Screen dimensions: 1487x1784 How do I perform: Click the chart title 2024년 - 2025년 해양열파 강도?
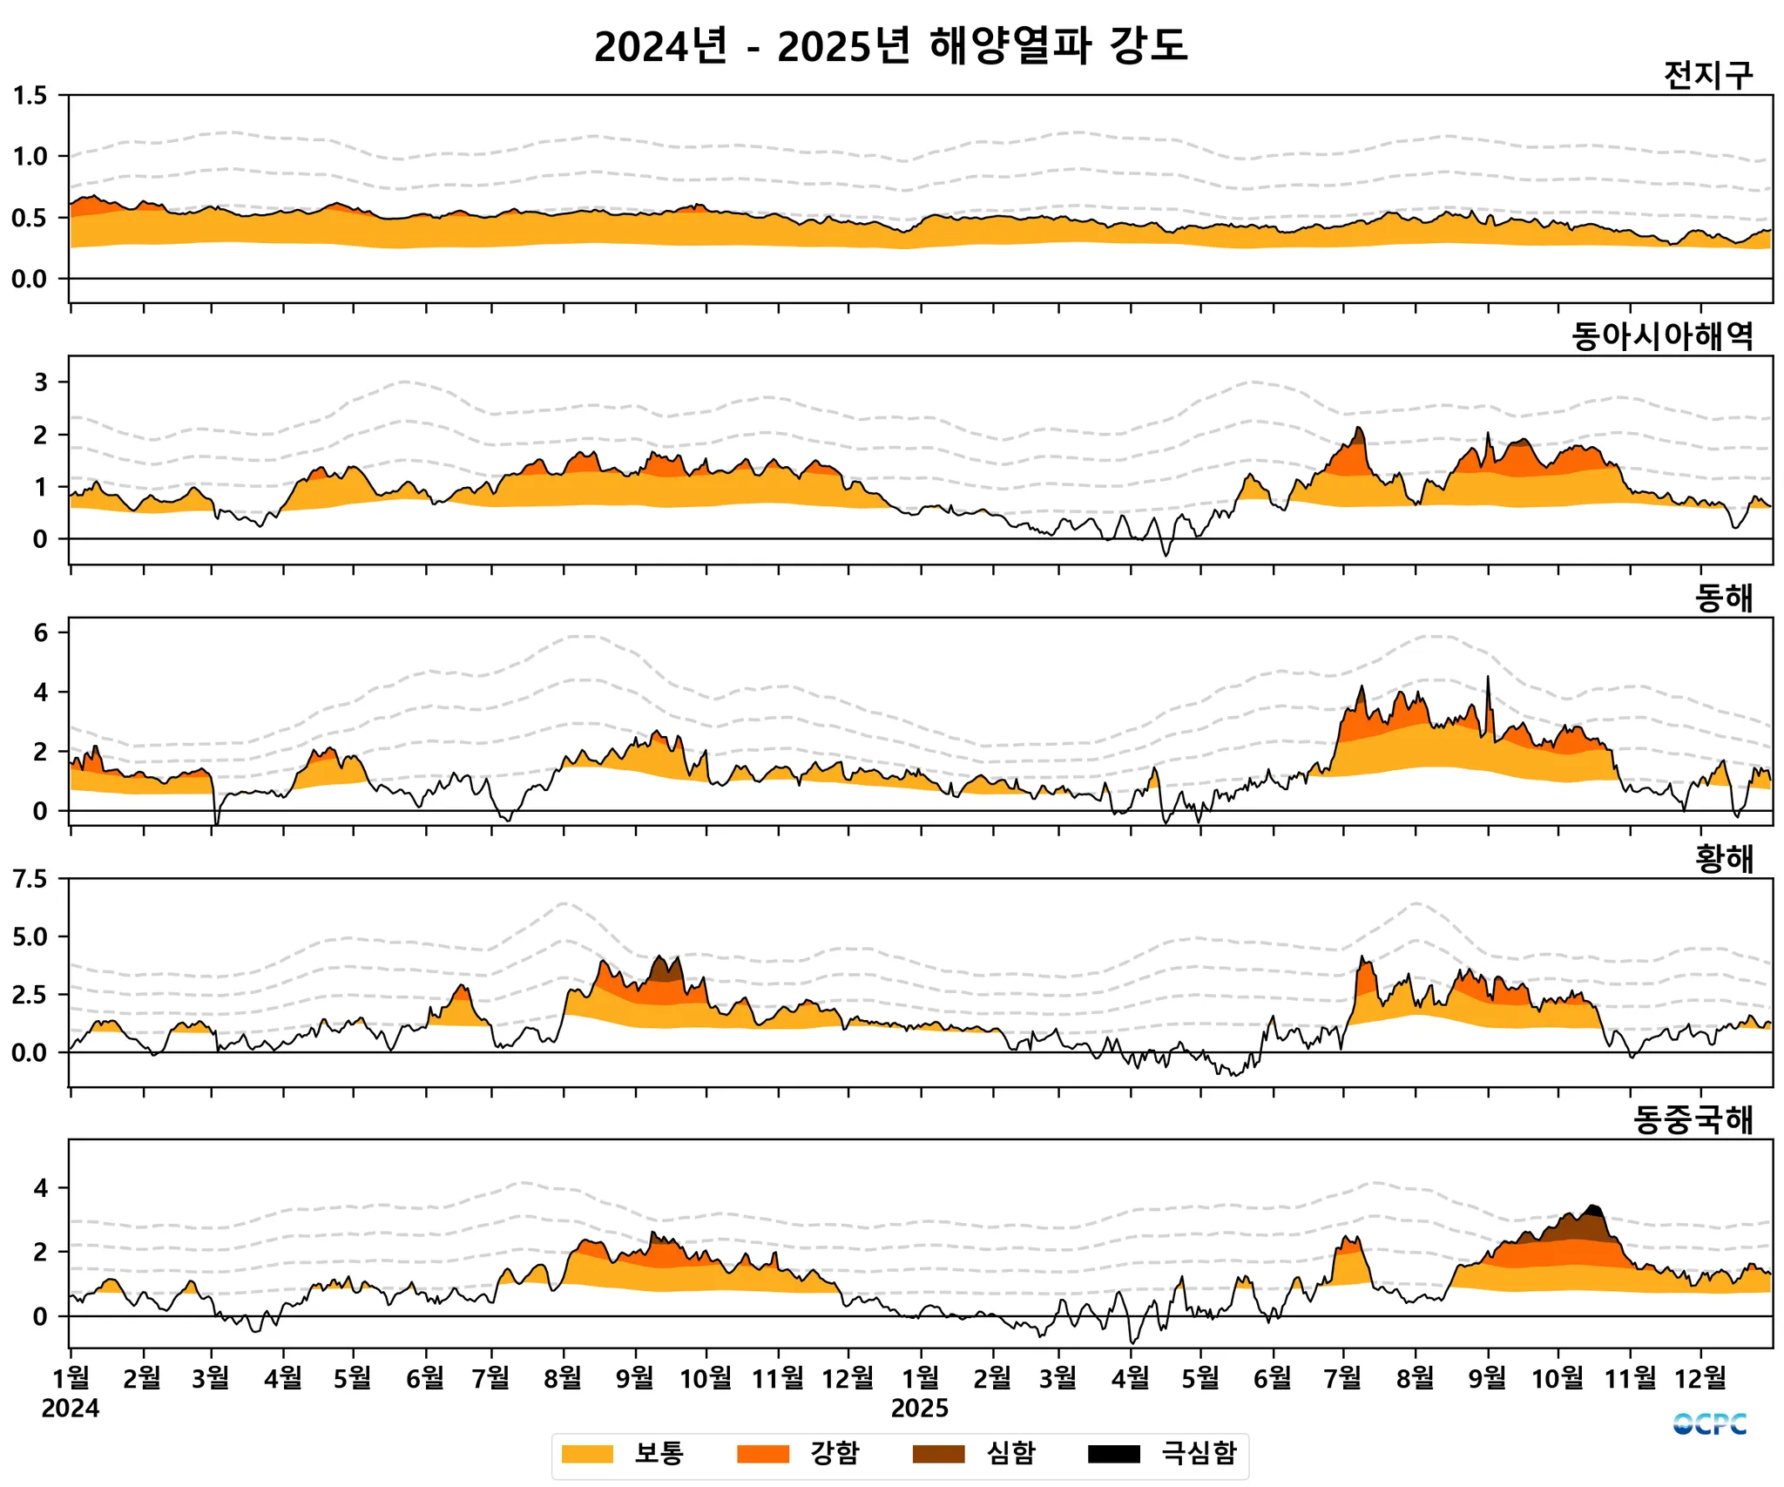890,45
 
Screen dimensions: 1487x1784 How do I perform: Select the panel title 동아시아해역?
1662,336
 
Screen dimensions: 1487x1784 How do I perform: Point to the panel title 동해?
1723,598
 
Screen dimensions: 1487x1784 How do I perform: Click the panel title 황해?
1723,859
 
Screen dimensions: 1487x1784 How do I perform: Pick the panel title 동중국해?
1693,1120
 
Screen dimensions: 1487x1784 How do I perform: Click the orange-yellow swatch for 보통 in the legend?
587,1453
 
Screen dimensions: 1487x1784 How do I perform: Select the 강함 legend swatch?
762,1453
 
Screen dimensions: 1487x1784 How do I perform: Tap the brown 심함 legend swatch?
938,1453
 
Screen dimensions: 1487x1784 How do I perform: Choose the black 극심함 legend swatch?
1113,1453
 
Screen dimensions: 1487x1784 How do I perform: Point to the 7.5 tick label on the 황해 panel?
30,879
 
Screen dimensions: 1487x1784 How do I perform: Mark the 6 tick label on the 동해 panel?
40,633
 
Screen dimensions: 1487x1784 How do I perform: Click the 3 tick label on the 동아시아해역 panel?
40,382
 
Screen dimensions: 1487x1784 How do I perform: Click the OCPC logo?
1709,1424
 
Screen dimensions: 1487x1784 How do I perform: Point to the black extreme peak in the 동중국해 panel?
1593,1210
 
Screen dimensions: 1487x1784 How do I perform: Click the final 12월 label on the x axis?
1700,1377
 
